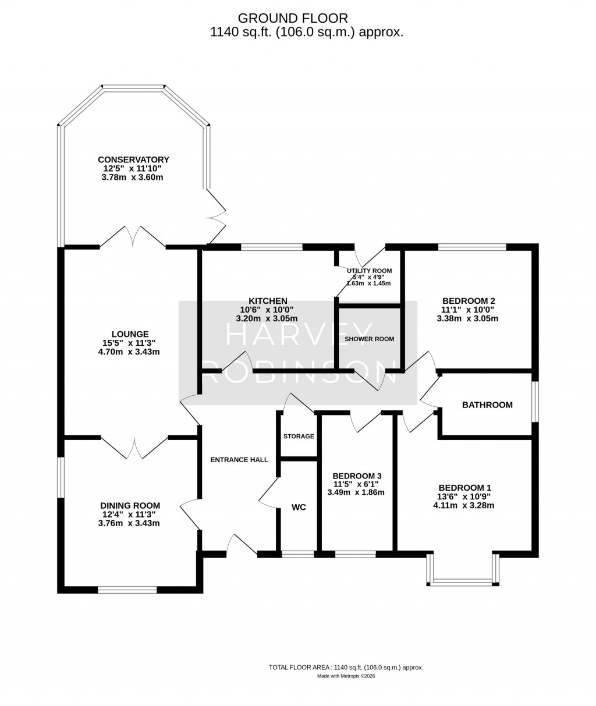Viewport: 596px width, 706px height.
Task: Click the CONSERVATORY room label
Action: pos(133,159)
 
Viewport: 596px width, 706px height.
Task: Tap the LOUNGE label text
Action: pos(130,334)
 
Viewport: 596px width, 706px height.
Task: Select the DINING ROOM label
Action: pos(130,506)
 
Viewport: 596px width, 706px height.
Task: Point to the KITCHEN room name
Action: pos(268,300)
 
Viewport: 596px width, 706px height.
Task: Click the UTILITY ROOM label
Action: pos(369,271)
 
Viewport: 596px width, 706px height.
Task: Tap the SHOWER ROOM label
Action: pos(369,339)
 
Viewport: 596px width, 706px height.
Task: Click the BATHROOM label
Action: pos(487,405)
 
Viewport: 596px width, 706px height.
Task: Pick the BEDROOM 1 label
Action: pos(465,488)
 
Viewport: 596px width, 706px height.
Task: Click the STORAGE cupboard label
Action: pos(299,436)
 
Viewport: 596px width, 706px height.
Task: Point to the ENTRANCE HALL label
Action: pos(239,459)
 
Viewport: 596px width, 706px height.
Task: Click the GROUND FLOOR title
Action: pos(293,18)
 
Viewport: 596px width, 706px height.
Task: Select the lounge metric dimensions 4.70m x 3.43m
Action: pos(129,352)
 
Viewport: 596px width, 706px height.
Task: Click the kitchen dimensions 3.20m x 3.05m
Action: pos(267,318)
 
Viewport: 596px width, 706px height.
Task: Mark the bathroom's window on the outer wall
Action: pos(535,402)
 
